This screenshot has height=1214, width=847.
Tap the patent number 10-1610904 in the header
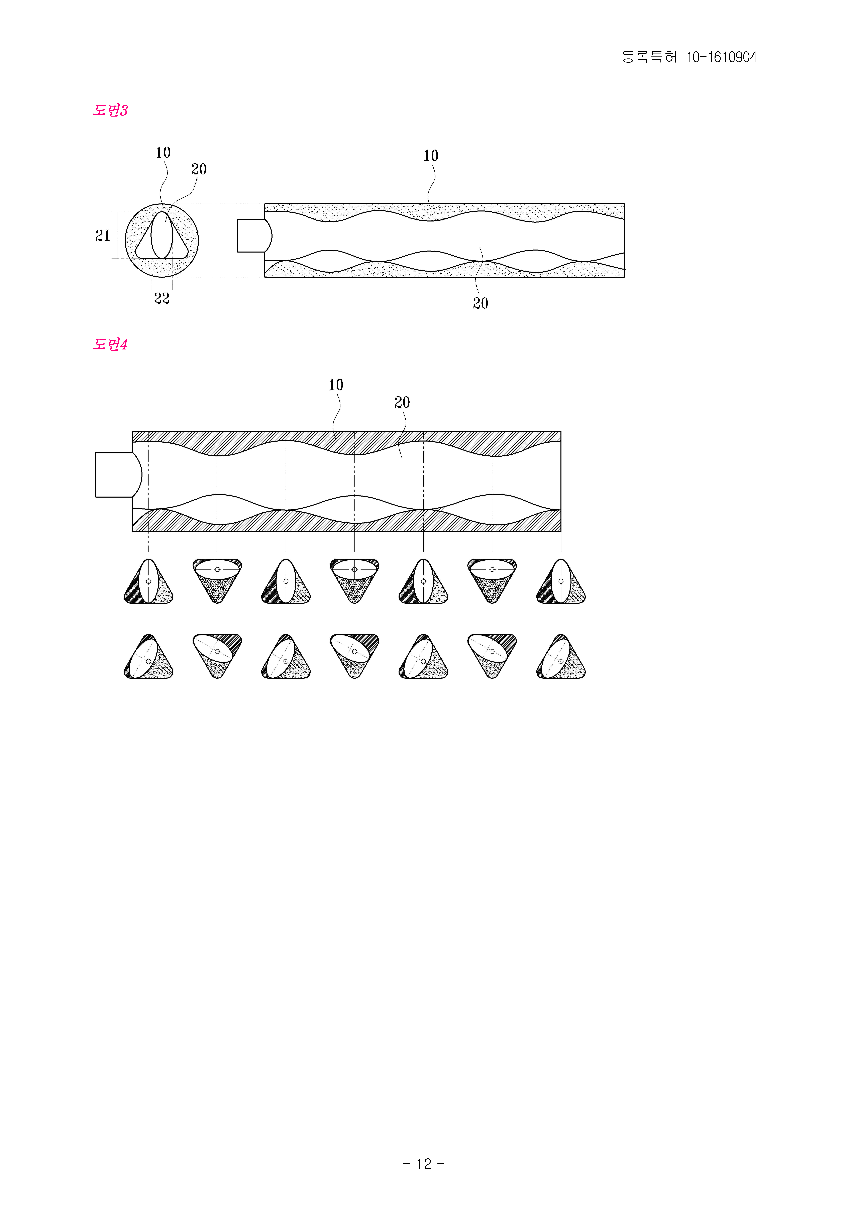(x=722, y=57)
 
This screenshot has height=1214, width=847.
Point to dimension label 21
(x=103, y=236)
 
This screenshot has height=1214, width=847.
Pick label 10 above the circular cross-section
(x=163, y=153)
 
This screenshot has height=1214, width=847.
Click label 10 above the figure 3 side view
(x=431, y=156)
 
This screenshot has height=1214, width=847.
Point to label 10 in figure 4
(x=336, y=385)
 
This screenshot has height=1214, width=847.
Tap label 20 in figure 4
(x=402, y=402)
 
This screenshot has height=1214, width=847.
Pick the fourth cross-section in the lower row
(x=354, y=656)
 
